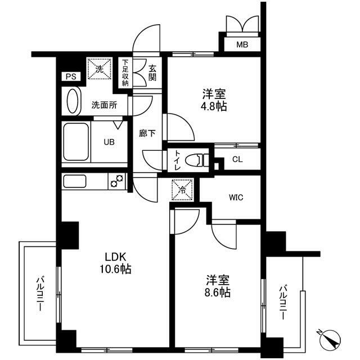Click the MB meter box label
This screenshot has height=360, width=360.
click(x=241, y=44)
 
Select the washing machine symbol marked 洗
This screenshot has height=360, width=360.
click(x=99, y=70)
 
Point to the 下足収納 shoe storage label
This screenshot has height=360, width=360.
click(x=125, y=73)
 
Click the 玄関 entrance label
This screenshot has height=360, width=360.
click(x=152, y=73)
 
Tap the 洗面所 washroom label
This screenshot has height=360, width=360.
click(x=104, y=104)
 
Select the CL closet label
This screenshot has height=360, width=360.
click(x=237, y=160)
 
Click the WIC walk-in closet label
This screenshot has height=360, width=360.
click(x=236, y=197)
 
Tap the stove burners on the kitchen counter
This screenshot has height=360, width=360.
click(x=117, y=181)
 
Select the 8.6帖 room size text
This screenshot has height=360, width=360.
click(x=218, y=292)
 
